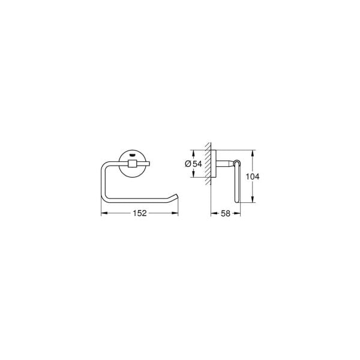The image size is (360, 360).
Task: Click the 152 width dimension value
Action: tap(140, 213)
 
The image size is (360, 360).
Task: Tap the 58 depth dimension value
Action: tap(225, 214)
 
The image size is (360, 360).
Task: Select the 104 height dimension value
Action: tap(253, 176)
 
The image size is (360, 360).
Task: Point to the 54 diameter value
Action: tap(197, 164)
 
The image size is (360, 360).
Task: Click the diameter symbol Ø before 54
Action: tap(188, 164)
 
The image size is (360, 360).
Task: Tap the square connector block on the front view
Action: tap(132, 164)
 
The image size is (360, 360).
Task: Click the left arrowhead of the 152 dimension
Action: tap(104, 213)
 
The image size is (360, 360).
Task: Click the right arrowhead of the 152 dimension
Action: tap(175, 213)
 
